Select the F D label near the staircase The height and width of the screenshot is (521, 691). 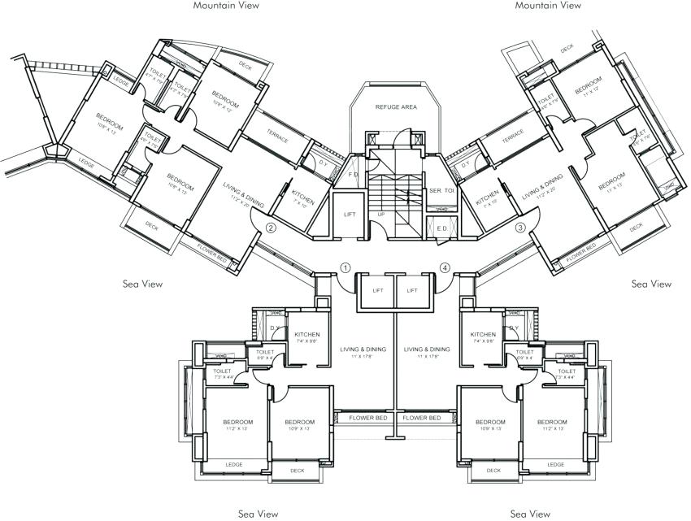[353, 174]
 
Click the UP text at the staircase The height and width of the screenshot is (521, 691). [380, 215]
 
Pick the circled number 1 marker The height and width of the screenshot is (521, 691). [345, 267]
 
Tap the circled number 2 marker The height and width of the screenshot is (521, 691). [272, 228]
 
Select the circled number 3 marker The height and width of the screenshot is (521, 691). [520, 228]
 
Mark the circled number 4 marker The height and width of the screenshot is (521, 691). [445, 267]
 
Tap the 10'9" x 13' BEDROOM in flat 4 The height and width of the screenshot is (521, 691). [491, 425]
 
